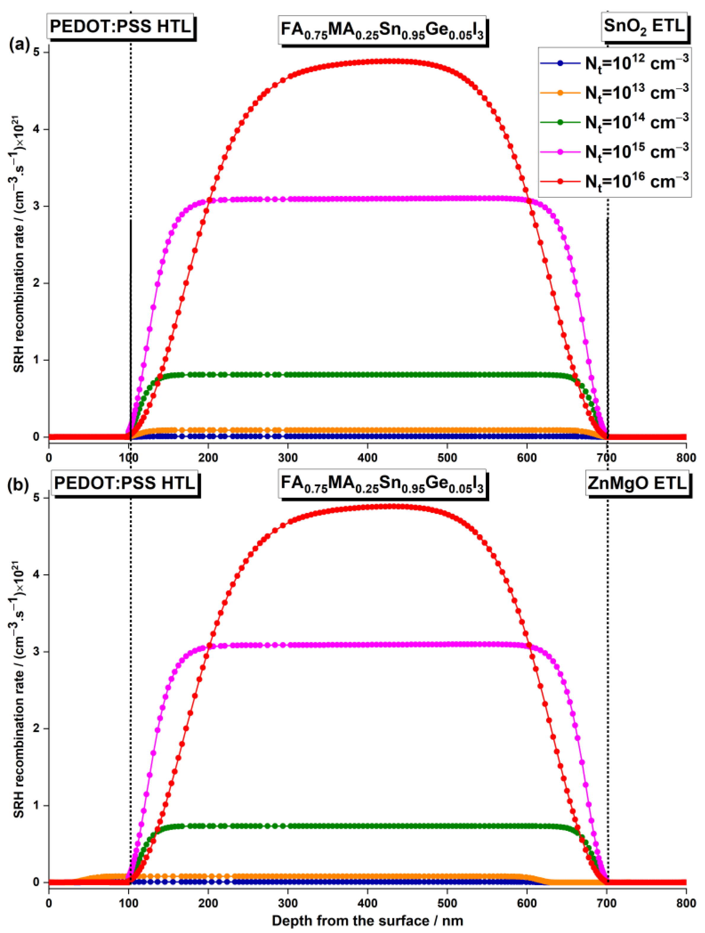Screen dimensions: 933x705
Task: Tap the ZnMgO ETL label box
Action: click(637, 483)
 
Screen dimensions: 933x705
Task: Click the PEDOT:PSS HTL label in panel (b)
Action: click(125, 483)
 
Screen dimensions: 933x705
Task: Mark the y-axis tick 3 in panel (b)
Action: click(41, 652)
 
